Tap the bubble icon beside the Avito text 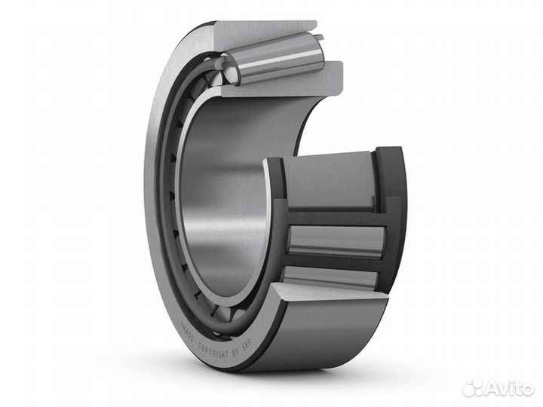point(473,387)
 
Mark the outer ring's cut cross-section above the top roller point(264,30)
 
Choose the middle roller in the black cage point(336,240)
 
